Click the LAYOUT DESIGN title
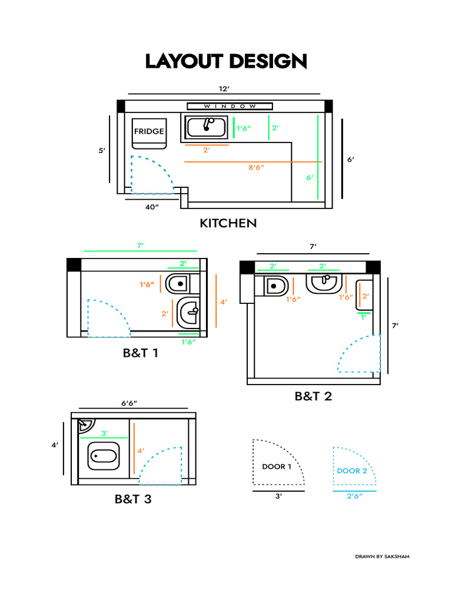pos(226,61)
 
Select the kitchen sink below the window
pos(207,127)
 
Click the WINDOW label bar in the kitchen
pos(230,106)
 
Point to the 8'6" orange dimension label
pos(256,168)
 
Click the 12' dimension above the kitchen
pos(224,88)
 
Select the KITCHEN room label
pos(228,223)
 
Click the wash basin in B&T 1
pos(188,313)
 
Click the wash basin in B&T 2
pos(324,283)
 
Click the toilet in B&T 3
pos(104,456)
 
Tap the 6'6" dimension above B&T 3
pos(133,403)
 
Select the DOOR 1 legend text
pos(277,467)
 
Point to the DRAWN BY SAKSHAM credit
pos(382,556)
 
